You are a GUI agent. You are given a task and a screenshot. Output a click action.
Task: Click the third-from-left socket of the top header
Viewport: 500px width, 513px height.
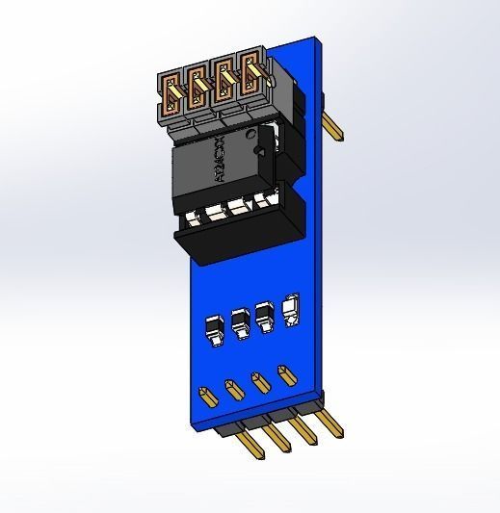point(227,81)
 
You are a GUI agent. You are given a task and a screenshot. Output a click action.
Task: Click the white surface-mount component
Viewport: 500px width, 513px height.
point(292,310)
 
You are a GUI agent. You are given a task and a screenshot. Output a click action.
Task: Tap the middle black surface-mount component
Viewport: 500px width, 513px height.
point(240,322)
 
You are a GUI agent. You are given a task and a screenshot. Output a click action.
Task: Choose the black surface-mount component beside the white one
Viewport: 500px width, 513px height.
point(265,317)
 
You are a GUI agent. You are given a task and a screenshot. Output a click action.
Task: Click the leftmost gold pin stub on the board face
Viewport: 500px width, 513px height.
point(206,396)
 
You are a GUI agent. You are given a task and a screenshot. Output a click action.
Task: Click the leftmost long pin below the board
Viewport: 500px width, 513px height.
point(252,445)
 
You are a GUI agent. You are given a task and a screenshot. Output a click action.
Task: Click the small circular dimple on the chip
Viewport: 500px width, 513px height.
point(258,153)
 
